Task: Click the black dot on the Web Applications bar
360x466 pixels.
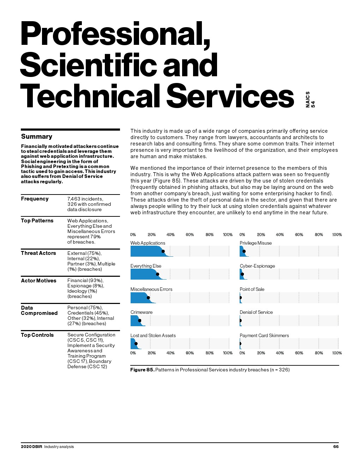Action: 163,251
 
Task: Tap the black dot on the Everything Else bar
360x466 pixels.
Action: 157,274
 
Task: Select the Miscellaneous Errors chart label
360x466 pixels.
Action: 151,289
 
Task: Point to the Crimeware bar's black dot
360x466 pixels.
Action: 140,321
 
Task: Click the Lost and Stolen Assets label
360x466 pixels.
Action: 153,335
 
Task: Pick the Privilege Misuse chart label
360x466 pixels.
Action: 256,243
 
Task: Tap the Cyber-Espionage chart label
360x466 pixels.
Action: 257,266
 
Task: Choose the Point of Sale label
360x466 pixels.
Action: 252,289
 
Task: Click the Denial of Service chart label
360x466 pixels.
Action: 256,312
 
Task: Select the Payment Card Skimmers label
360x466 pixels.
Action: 264,335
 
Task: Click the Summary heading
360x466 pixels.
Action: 37,137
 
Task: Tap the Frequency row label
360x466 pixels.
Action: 35,199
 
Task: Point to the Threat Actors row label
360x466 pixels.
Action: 38,253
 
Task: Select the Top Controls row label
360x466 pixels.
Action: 37,335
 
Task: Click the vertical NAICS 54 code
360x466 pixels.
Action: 310,100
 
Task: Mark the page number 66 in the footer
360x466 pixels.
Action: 336,447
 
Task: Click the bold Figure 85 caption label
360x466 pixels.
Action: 142,370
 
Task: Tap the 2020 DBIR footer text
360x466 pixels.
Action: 31,447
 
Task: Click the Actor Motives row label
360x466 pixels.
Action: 38,281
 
